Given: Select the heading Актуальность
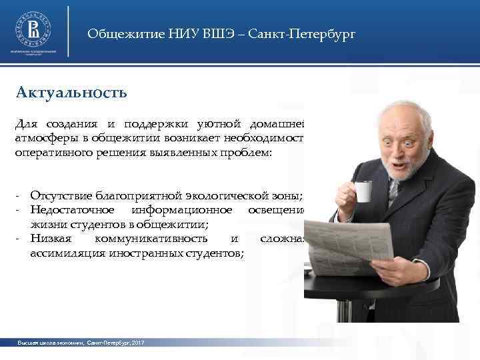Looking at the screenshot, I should coord(71,91).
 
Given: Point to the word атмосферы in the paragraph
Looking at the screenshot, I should coord(42,138).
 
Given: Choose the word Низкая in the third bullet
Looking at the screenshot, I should coord(49,239).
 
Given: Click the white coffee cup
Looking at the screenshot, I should coord(363,191).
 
